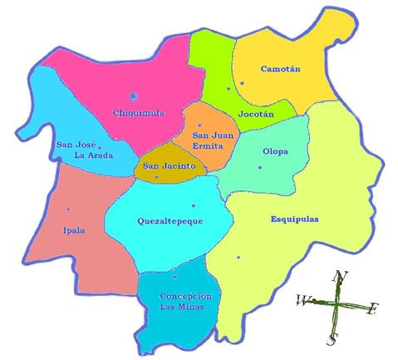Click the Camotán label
(282, 69)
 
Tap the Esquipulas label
(294, 219)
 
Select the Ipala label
(73, 231)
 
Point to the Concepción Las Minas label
(186, 301)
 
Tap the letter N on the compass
(338, 277)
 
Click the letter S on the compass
(332, 338)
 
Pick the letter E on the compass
(372, 309)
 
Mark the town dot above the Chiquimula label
(134, 96)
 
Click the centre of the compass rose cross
(337, 304)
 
